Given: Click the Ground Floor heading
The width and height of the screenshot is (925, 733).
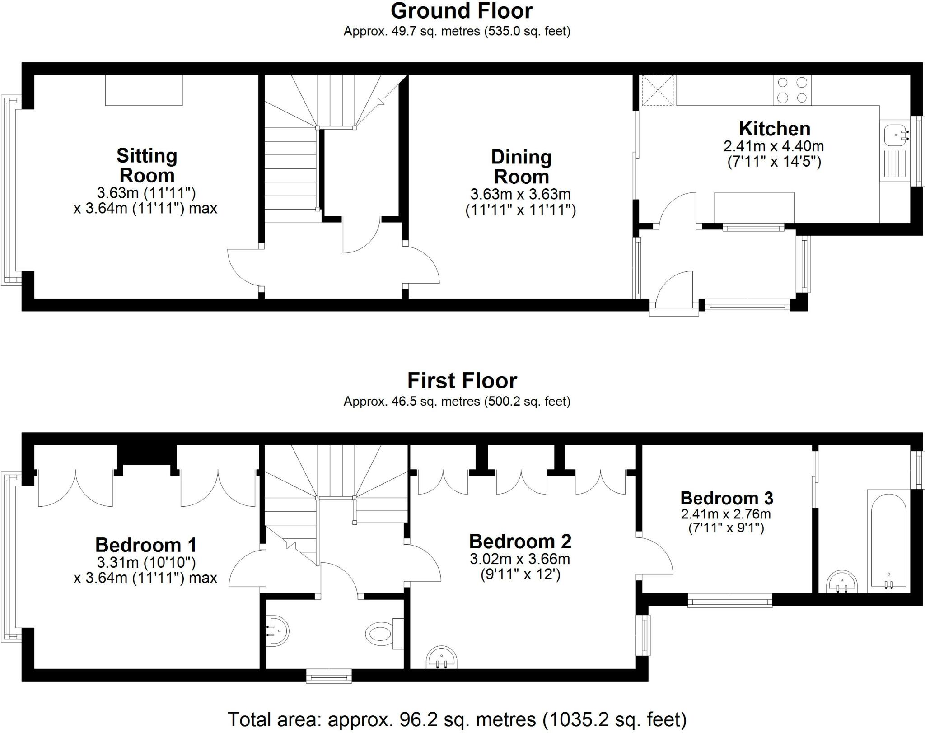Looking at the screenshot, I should click(462, 11).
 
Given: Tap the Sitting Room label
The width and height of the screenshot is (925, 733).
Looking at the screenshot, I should click(147, 165).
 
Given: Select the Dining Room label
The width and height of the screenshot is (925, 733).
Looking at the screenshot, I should click(521, 167).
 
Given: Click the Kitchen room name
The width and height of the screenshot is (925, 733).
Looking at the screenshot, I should click(774, 129).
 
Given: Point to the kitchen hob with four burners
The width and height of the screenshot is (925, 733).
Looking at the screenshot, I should click(792, 90).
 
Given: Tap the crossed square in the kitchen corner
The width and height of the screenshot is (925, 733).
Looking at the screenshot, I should click(658, 90).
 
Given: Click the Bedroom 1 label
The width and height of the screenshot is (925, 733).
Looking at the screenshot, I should click(146, 545).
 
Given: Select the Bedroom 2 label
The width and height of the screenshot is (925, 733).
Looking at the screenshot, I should click(520, 541).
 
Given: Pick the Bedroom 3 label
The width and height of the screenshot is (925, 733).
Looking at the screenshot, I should click(726, 498).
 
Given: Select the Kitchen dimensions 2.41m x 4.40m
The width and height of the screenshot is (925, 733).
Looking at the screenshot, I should click(774, 146).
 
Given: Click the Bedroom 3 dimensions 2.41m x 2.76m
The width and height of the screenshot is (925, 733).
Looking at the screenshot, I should click(726, 514).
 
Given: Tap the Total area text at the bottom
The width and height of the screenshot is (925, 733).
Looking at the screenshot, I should click(457, 719).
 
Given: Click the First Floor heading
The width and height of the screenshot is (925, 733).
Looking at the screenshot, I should click(462, 381).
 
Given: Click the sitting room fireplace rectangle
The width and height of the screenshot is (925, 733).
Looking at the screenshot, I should click(144, 90).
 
